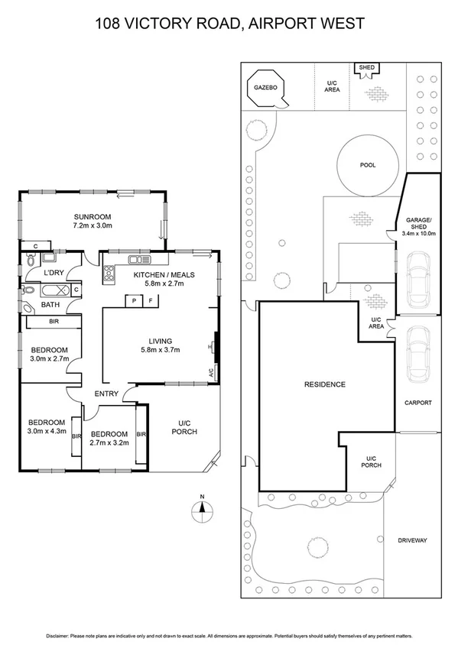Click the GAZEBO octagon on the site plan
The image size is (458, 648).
coord(265,89)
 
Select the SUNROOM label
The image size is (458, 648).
coord(93,215)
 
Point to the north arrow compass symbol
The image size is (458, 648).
coord(202,510)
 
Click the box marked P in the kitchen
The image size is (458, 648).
coord(135,301)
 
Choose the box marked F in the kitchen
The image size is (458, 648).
coord(151,301)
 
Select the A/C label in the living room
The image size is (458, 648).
coord(211,374)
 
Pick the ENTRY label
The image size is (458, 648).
coord(106,394)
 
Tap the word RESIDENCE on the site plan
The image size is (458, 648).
coord(326,384)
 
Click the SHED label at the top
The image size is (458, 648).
coord(366,68)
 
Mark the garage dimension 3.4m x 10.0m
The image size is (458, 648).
coord(417,234)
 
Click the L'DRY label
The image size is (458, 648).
coord(53,273)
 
